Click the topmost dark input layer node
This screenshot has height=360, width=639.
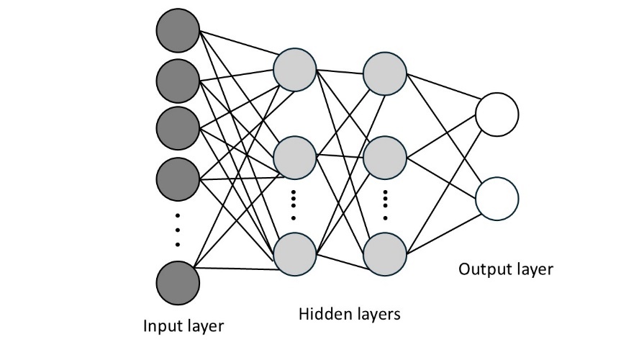click(x=178, y=32)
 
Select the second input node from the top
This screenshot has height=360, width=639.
click(x=178, y=80)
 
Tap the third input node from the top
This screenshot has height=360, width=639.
click(x=178, y=127)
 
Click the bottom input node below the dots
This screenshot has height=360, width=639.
click(x=178, y=283)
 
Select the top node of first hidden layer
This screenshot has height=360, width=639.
click(x=295, y=70)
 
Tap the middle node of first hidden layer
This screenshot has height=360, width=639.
click(x=295, y=158)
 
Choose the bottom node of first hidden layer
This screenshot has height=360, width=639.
click(x=295, y=253)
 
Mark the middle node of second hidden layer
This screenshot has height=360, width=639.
click(x=385, y=158)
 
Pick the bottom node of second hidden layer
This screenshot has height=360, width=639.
click(x=385, y=253)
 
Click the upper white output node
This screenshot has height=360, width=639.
click(x=497, y=115)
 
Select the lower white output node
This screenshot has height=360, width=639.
click(x=497, y=198)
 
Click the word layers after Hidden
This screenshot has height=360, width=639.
click(x=373, y=314)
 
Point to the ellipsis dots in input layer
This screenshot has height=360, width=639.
click(x=178, y=229)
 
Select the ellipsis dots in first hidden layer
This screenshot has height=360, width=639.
click(x=294, y=204)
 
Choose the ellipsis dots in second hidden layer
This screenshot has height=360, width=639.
click(x=385, y=204)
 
